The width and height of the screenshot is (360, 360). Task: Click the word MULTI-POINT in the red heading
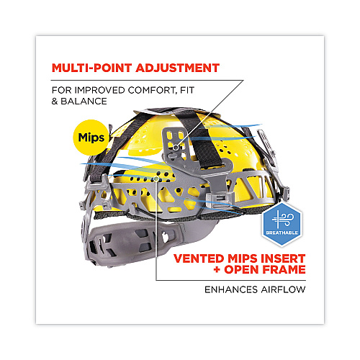[x=92, y=68]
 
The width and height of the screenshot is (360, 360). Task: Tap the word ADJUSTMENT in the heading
[x=178, y=68]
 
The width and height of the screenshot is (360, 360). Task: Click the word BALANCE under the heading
[x=84, y=102]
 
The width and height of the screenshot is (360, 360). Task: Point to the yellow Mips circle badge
[x=91, y=138]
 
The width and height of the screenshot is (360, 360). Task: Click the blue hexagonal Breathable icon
[x=282, y=225]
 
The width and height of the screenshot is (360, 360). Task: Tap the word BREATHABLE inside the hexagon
[x=282, y=233]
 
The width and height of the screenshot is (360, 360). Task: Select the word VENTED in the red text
[x=199, y=258]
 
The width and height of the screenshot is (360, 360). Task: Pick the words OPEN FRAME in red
[x=265, y=269]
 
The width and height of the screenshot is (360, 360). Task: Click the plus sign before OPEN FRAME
[x=217, y=269]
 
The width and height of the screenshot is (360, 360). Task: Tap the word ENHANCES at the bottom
[x=231, y=289]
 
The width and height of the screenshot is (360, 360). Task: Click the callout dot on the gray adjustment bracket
[x=176, y=148]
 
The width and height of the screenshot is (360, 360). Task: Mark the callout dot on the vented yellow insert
[x=156, y=179]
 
